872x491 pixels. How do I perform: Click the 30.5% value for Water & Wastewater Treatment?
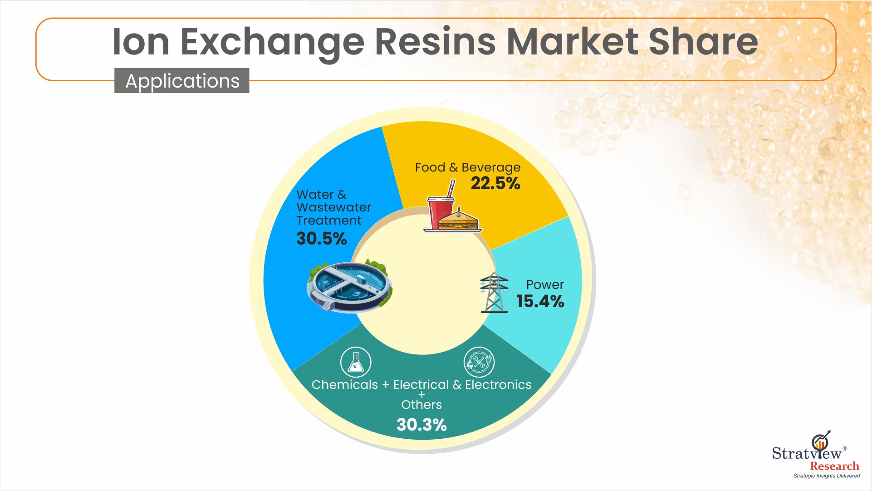click(322, 239)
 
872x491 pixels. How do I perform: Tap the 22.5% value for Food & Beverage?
click(495, 183)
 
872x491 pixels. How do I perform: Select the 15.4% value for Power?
click(540, 301)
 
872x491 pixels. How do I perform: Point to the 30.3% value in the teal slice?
click(421, 425)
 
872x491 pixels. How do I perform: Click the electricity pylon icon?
click(494, 292)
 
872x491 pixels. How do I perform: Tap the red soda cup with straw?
click(441, 206)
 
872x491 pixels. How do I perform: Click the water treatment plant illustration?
click(349, 286)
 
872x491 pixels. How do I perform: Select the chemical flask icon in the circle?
click(356, 362)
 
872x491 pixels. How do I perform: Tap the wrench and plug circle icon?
click(479, 362)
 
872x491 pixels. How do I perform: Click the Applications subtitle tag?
click(182, 81)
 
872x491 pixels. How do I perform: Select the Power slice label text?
click(545, 285)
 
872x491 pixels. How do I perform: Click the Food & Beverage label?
click(468, 167)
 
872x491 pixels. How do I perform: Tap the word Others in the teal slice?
click(421, 404)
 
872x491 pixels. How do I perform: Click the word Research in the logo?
click(835, 466)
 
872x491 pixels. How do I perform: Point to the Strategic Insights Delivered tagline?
click(827, 476)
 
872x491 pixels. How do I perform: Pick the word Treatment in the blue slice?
click(329, 221)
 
